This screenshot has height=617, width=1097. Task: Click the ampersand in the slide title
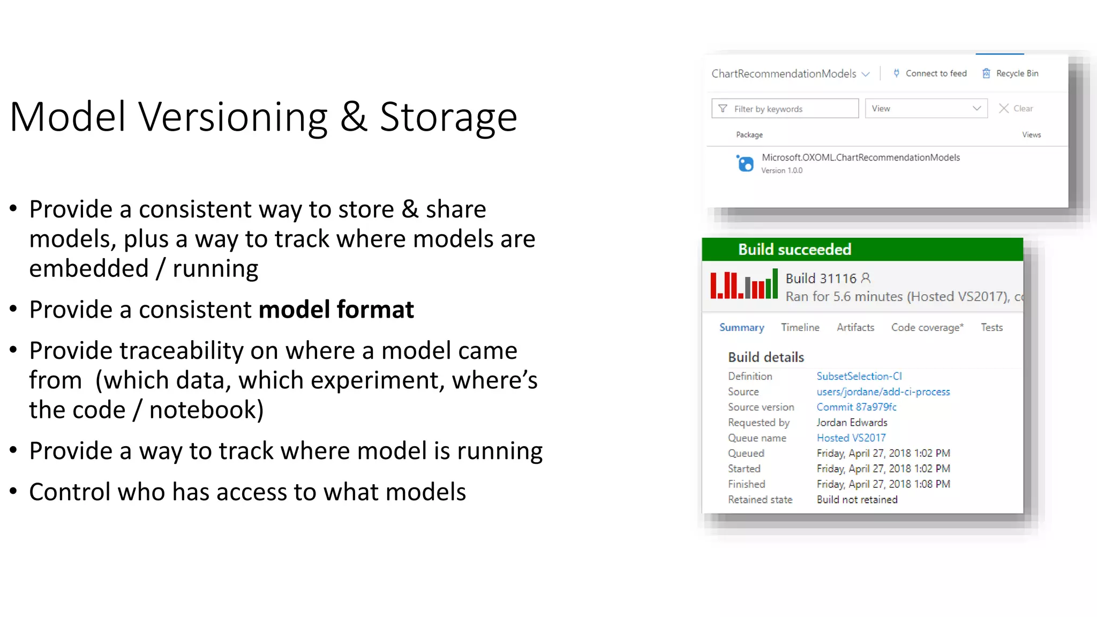(354, 117)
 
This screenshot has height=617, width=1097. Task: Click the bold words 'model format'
(336, 310)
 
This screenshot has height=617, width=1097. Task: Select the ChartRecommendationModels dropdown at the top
(790, 74)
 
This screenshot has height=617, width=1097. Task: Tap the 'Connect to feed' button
(930, 73)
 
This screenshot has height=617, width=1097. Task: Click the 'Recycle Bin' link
(1010, 73)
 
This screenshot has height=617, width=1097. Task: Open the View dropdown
(926, 109)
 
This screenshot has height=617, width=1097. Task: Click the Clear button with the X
(1016, 109)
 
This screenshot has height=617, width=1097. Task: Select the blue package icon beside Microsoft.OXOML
(745, 163)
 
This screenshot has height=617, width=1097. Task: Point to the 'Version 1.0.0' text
(782, 171)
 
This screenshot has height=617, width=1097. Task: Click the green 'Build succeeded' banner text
(794, 250)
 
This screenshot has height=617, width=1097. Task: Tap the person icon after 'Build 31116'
(866, 279)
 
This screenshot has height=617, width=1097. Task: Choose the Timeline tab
(800, 328)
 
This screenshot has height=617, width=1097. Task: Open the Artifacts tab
(855, 328)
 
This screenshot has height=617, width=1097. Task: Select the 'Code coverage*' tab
(927, 328)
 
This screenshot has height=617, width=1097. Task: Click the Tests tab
(991, 328)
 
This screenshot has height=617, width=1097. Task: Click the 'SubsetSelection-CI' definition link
(859, 377)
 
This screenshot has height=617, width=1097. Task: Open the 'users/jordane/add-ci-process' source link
(883, 392)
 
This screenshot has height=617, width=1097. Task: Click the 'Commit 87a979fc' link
(856, 408)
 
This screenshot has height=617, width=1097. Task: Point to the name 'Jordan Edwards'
(852, 423)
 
